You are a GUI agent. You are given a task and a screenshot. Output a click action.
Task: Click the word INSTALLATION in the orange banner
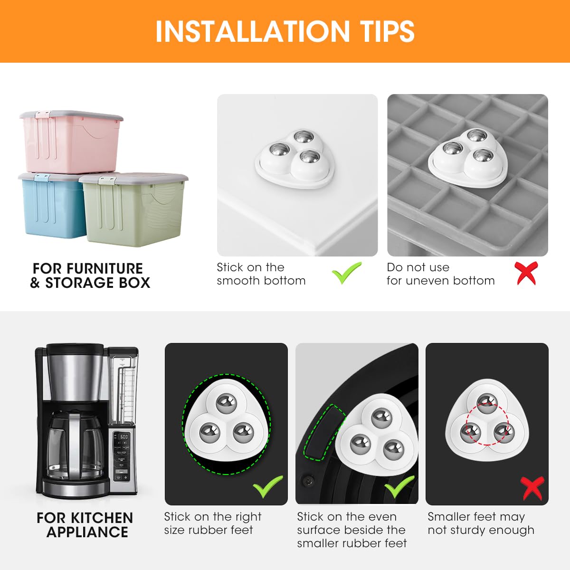click(252, 31)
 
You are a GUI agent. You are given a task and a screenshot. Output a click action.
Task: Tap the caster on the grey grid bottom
click(468, 156)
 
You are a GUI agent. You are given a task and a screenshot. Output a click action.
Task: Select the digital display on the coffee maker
click(123, 437)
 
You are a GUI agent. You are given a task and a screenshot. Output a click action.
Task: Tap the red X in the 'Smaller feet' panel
click(532, 488)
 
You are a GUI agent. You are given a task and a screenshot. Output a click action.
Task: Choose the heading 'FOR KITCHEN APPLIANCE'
click(85, 524)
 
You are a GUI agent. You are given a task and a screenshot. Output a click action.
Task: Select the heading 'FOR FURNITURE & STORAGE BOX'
click(90, 275)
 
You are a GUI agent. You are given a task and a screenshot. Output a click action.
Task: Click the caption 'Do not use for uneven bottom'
click(440, 274)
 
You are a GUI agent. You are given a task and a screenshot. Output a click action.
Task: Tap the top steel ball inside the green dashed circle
click(227, 404)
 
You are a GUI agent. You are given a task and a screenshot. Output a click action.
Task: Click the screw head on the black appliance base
click(307, 482)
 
